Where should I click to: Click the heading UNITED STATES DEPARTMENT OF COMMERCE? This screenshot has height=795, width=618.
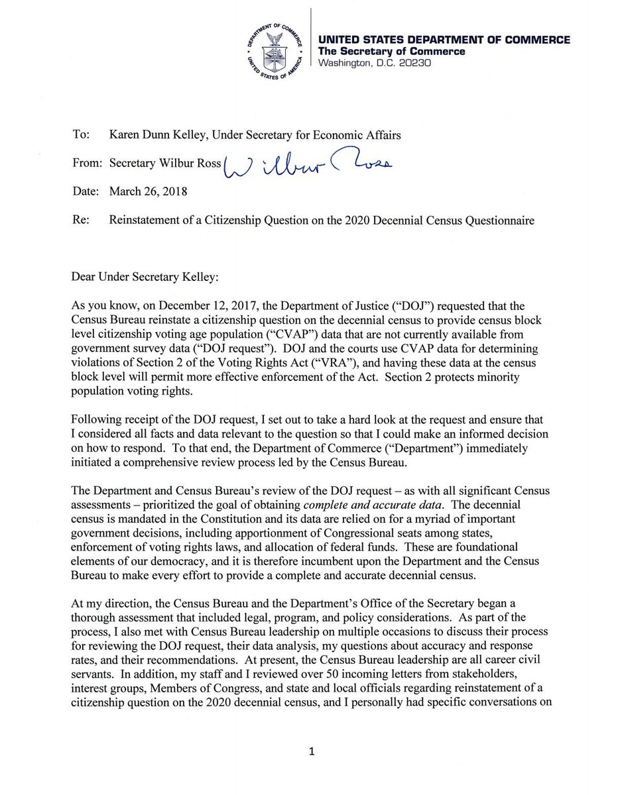click(444, 40)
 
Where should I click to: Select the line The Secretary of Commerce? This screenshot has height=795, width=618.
click(392, 52)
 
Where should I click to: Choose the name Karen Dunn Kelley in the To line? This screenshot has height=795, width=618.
click(152, 135)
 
